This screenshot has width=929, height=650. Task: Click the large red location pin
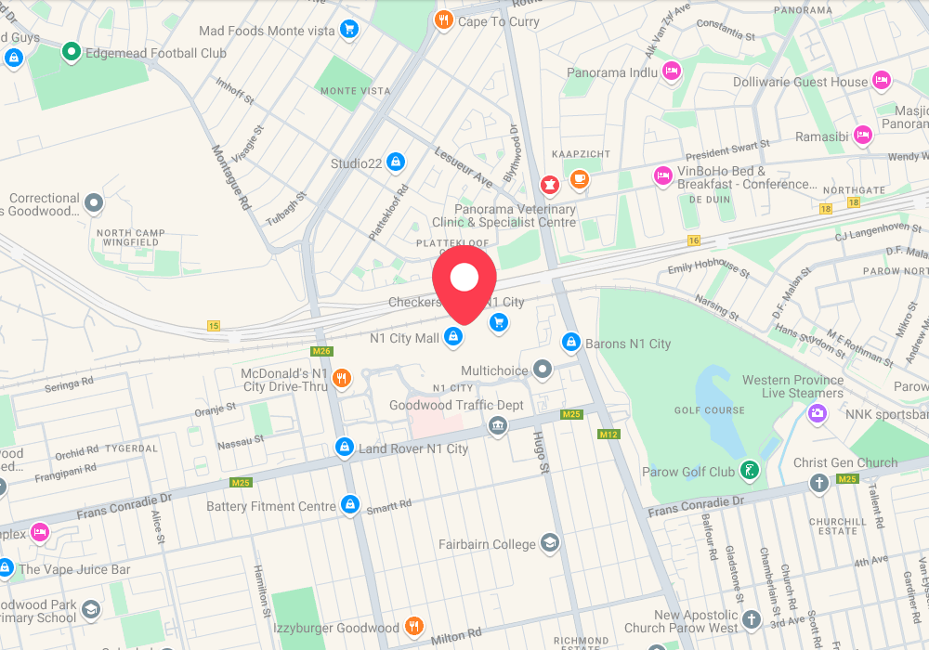pos(464,279)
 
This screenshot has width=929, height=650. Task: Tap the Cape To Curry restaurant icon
pos(444,19)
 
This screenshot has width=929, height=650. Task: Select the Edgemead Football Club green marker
pos(72,52)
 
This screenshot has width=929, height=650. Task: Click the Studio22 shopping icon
pos(396,162)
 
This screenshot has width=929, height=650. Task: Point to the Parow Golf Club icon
pos(749,471)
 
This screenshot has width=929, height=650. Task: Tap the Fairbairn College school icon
pos(550,543)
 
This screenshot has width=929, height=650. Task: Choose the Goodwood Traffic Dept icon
pos(498,425)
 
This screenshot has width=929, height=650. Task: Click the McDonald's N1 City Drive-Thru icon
pos(342,378)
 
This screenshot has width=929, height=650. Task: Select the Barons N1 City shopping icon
pos(571,343)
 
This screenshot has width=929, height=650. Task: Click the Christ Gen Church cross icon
pos(819,482)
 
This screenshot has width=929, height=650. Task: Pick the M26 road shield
pos(321,351)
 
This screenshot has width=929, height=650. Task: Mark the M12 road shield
pos(608,435)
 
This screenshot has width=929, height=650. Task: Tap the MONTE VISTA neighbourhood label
pos(355,91)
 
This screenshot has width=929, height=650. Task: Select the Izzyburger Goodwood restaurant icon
pos(415,627)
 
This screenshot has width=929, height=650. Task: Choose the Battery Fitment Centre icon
pos(350,504)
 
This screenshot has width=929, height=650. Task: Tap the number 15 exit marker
pos(215,326)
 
